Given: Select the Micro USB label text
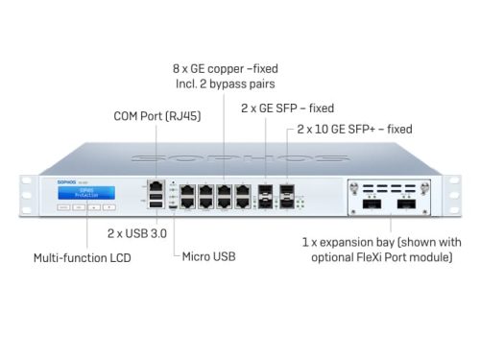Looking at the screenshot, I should point(206,256).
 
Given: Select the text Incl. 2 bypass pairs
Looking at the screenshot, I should point(226,84).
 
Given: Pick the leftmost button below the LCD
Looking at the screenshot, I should point(60,205).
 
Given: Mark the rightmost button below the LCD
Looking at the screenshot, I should point(108,205).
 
